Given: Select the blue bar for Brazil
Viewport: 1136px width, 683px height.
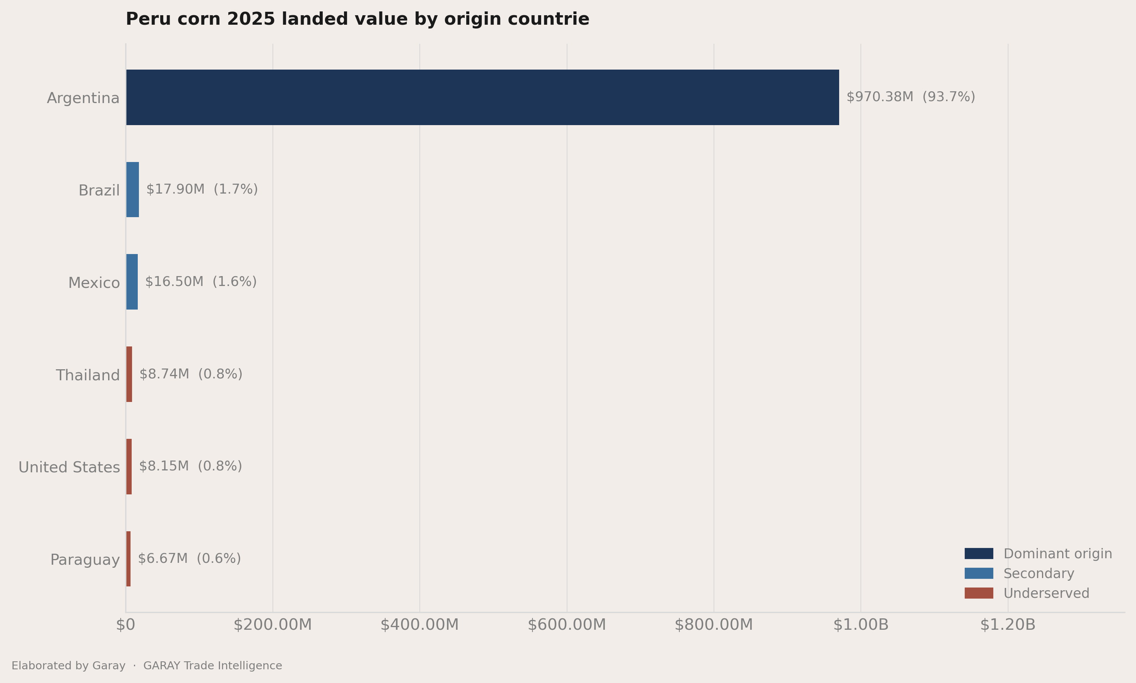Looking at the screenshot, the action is (x=132, y=190).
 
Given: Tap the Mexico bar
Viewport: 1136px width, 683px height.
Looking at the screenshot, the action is (x=132, y=282).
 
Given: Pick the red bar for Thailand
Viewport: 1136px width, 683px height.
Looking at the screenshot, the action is (x=129, y=374).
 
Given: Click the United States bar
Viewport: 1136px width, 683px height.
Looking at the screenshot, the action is (x=129, y=466).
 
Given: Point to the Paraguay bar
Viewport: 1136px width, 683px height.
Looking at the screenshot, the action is (x=129, y=559).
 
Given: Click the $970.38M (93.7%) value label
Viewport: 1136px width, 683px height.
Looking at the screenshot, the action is (x=911, y=97).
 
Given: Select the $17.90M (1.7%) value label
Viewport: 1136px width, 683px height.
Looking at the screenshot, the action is (x=202, y=189).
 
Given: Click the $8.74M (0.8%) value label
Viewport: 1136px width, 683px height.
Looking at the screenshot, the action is (x=191, y=374).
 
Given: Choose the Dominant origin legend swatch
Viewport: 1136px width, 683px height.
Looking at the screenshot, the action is (x=979, y=553).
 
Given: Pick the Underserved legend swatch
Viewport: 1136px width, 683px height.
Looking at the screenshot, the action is (x=979, y=593).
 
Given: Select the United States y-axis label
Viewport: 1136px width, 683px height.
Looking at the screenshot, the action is (x=69, y=467).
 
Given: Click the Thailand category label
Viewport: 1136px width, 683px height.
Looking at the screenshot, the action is (x=88, y=375).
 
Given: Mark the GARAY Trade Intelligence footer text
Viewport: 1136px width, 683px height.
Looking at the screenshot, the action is (x=213, y=666).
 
